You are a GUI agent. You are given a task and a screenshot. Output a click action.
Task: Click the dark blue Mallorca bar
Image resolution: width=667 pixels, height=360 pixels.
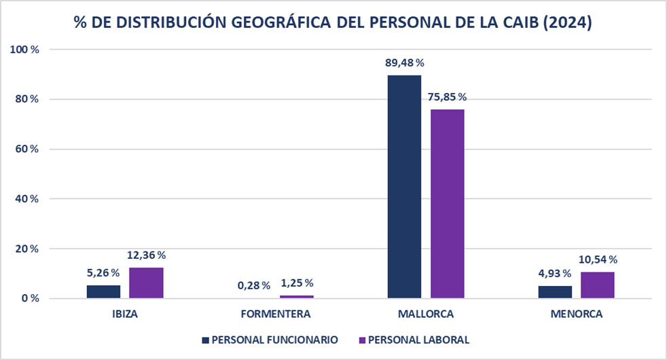pyautogui.click(x=404, y=187)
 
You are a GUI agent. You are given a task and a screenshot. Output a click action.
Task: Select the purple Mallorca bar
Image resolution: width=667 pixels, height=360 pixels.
pyautogui.click(x=448, y=204)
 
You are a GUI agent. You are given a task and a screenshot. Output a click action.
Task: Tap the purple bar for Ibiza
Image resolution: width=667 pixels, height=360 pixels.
pyautogui.click(x=146, y=283)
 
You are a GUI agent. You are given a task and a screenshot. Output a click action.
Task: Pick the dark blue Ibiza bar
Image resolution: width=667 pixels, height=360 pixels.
pyautogui.click(x=103, y=291)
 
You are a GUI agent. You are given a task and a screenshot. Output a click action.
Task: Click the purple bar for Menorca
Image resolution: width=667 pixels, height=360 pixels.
pyautogui.click(x=598, y=285)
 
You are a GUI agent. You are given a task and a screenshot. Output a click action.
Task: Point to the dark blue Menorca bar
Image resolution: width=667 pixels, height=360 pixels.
pyautogui.click(x=555, y=292)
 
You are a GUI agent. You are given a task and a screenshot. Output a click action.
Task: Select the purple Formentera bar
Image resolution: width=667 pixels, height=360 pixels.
pyautogui.click(x=297, y=296)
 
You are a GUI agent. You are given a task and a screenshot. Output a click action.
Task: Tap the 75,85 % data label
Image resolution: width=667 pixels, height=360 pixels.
pyautogui.click(x=448, y=96)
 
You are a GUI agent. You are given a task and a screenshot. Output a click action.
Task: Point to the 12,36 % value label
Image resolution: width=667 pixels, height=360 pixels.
pyautogui.click(x=146, y=255)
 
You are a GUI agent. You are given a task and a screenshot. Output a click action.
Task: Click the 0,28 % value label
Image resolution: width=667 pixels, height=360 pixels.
pyautogui.click(x=253, y=285)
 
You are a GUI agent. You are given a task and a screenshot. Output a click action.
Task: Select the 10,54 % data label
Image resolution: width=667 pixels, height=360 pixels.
pyautogui.click(x=598, y=259)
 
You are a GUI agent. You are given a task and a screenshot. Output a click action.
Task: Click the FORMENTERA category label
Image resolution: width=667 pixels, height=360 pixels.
pyautogui.click(x=276, y=314)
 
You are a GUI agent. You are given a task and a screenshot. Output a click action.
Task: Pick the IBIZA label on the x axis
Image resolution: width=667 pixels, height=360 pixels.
pyautogui.click(x=125, y=314)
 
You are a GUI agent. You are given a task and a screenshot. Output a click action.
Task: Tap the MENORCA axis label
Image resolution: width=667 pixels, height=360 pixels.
pyautogui.click(x=577, y=314)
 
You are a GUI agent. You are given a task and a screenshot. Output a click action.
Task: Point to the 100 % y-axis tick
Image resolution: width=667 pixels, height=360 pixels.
pyautogui.click(x=25, y=50)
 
